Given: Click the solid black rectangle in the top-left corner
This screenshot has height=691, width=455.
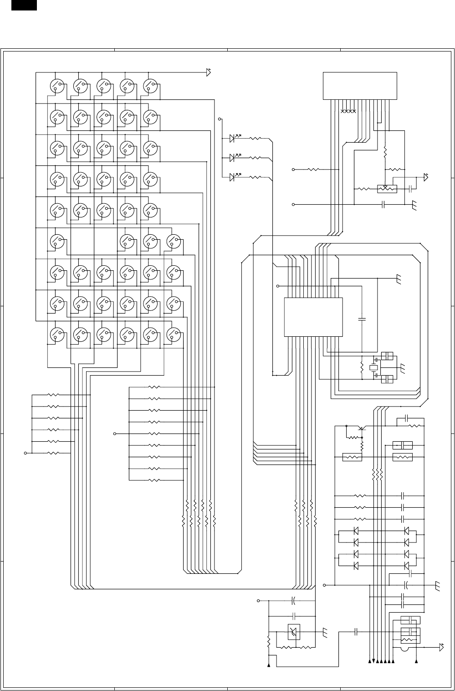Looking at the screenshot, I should (x=24, y=5).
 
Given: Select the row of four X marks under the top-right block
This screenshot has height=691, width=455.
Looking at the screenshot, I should (x=348, y=111).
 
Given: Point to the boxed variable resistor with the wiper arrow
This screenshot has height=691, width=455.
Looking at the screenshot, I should (x=387, y=189).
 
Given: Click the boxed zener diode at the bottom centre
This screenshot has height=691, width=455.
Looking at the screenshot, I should (x=294, y=632).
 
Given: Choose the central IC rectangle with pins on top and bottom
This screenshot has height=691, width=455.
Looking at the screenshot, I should (x=313, y=317).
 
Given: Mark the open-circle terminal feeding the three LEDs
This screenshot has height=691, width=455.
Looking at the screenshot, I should (x=220, y=119).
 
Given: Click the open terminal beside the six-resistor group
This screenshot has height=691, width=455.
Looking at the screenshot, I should (x=26, y=453).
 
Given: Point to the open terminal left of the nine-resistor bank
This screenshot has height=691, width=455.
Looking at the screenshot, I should (x=114, y=433).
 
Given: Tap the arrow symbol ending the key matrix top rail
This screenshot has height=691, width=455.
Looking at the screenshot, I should (x=209, y=72).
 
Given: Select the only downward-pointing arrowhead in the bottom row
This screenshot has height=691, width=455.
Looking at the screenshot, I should (x=373, y=661).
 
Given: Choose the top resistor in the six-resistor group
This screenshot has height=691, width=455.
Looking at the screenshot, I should (x=54, y=395).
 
